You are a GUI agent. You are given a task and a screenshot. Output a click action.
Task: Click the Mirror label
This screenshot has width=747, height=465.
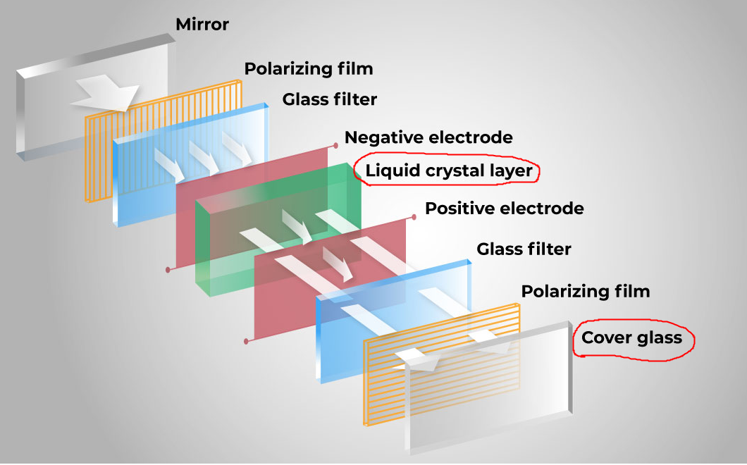[x=202, y=25]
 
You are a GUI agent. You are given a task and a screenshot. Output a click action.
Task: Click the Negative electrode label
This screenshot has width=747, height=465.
[x=428, y=137]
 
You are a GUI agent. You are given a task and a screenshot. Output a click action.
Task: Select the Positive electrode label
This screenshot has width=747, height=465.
[x=505, y=209]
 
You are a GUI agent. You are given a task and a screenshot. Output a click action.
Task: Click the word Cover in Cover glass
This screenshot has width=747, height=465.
[x=605, y=338]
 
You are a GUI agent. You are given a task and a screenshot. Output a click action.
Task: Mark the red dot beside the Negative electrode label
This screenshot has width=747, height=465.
[x=336, y=146]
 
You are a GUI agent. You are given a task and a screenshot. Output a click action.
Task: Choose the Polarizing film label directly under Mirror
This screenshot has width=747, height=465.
[x=309, y=69]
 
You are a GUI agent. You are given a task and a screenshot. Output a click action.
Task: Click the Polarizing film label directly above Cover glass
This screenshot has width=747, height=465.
[x=585, y=291]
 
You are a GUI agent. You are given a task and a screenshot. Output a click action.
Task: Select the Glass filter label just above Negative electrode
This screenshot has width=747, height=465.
[x=330, y=99]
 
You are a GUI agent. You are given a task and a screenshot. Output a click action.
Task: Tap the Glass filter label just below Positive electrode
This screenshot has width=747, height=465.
[x=524, y=249]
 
